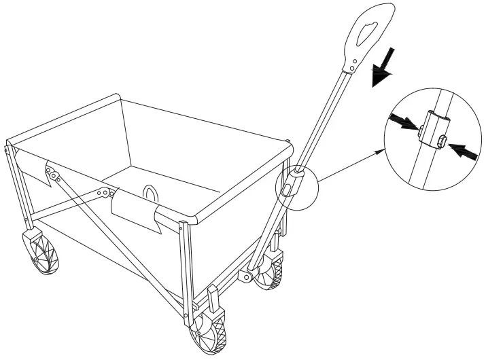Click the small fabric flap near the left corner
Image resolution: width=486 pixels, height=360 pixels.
(49, 173)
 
